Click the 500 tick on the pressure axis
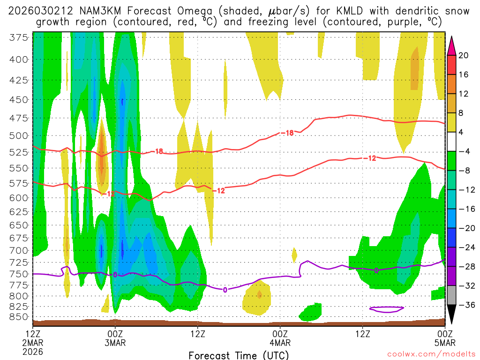pos(18,136)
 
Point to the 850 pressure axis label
pos(18,316)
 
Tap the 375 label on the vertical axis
pos(18,38)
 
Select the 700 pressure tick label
pos(18,250)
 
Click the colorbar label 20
pos(464,55)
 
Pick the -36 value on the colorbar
pos(464,305)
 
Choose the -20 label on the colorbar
pos(464,228)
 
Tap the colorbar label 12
pos(464,94)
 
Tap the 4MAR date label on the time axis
pos(280,342)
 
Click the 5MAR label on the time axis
pos(444,342)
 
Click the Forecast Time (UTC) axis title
pos(239,355)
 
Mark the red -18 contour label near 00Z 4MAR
pos(287,133)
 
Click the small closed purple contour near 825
pos(387,309)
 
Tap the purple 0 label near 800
pos(225,290)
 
